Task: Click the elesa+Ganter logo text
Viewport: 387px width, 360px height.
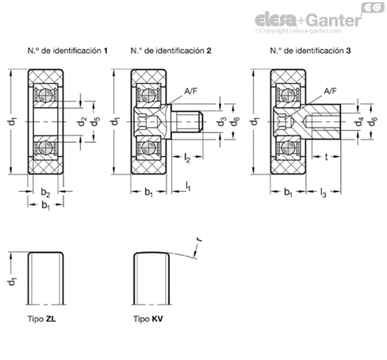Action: click(308, 20)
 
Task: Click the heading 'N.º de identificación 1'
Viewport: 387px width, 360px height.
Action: click(67, 51)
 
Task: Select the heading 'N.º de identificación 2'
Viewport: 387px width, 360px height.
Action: click(171, 51)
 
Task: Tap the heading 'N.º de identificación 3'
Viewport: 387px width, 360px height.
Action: click(310, 51)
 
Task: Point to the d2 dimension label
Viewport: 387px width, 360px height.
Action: click(82, 122)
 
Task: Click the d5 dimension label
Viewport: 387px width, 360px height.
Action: click(95, 122)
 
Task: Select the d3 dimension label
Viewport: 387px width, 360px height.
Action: click(221, 122)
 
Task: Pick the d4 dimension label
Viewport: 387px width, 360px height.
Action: click(359, 122)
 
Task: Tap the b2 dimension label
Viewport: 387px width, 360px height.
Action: click(45, 192)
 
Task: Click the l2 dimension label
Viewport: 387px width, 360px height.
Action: click(187, 158)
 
